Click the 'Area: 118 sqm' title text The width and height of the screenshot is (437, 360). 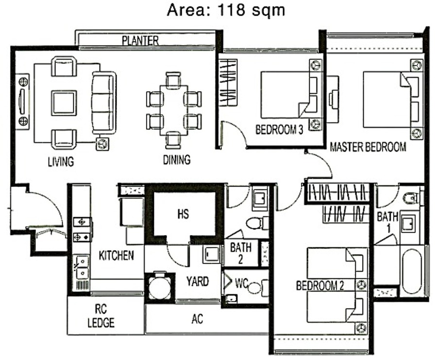pyautogui.click(x=226, y=10)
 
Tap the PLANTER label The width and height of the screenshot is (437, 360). pyautogui.click(x=140, y=41)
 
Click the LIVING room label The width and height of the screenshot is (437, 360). pyautogui.click(x=61, y=162)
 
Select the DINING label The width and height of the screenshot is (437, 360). pyautogui.click(x=177, y=159)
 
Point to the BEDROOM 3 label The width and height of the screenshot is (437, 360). pyautogui.click(x=279, y=130)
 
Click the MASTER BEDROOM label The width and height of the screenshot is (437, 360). pyautogui.click(x=368, y=147)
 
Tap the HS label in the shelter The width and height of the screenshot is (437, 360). pyautogui.click(x=183, y=214)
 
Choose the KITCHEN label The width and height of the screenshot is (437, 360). pyautogui.click(x=116, y=256)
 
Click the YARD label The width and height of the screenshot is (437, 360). pyautogui.click(x=197, y=281)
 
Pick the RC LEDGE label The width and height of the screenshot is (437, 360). pyautogui.click(x=101, y=316)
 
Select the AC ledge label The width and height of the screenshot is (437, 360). pyautogui.click(x=197, y=319)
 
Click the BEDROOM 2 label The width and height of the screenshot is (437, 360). pyautogui.click(x=319, y=286)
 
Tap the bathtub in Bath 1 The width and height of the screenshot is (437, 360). pyautogui.click(x=412, y=271)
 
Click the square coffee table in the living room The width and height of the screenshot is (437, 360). pyautogui.click(x=64, y=103)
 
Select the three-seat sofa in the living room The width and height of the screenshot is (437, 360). pyautogui.click(x=104, y=103)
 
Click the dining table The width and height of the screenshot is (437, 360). pyautogui.click(x=174, y=110)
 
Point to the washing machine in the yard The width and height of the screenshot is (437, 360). pyautogui.click(x=159, y=287)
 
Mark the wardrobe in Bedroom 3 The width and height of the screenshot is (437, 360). pyautogui.click(x=228, y=83)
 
